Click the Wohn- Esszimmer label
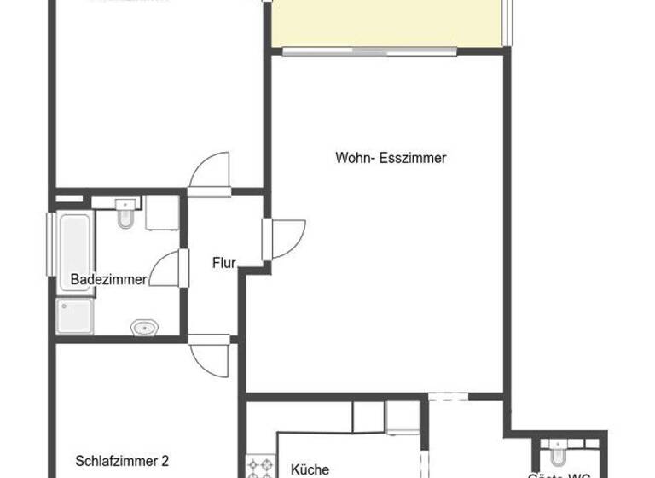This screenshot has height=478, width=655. point(391,158)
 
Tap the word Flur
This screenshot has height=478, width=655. point(224,263)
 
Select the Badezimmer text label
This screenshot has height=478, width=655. point(108,279)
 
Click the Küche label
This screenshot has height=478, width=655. point(310,469)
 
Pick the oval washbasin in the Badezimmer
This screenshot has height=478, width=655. point(144,327)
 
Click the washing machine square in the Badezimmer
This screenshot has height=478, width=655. point(160,213)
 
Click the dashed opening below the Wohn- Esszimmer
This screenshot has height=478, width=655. point(449,395)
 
